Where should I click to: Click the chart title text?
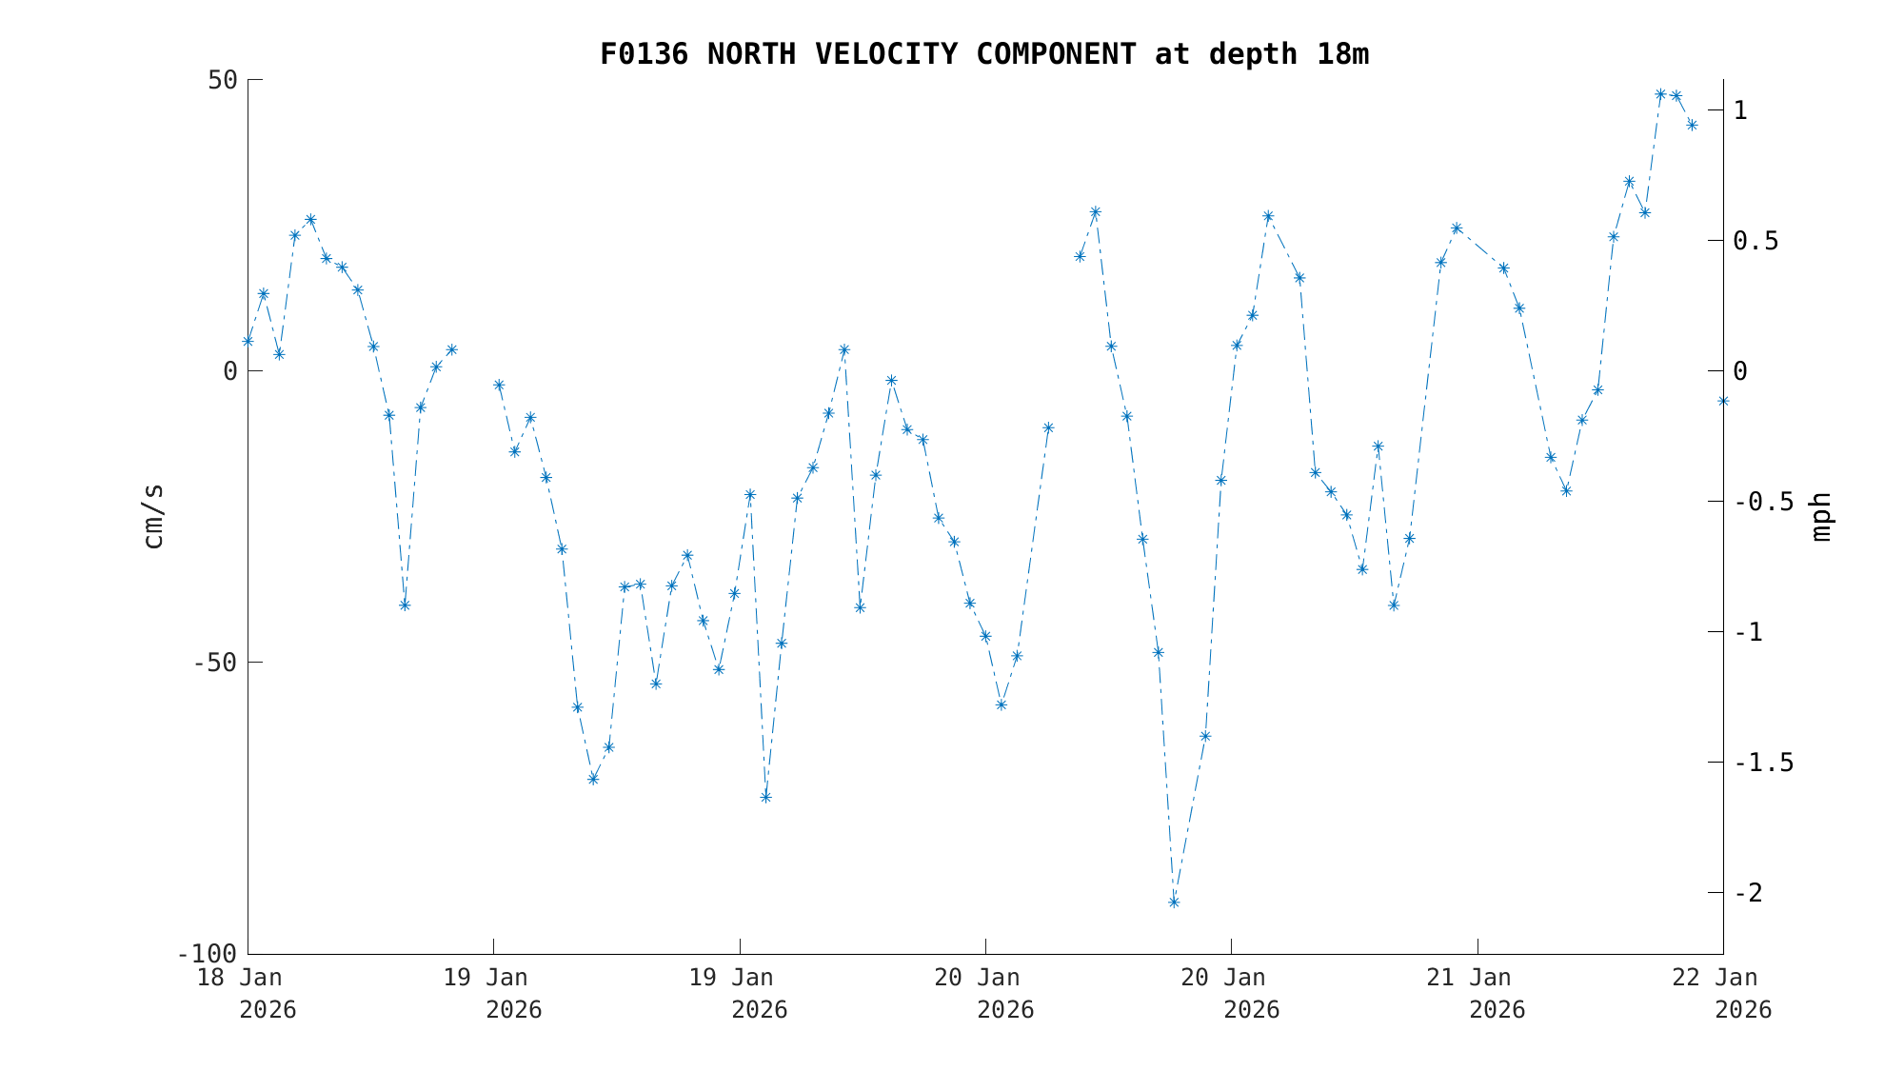pos(983,54)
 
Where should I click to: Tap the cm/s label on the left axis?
pos(153,516)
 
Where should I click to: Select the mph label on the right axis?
pos(1821,516)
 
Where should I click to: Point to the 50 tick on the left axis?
pos(223,80)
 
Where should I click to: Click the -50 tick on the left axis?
pos(214,663)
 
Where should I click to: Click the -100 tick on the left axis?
pos(207,954)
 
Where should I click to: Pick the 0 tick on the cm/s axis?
pos(229,371)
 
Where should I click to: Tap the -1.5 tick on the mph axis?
pos(1763,763)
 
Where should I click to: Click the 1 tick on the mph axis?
pos(1740,110)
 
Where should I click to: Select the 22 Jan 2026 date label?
pos(1730,993)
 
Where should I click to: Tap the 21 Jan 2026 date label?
pos(1483,993)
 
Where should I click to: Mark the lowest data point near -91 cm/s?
pos(1174,902)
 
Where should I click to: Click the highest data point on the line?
pos(1660,94)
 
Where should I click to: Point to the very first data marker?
pos(248,341)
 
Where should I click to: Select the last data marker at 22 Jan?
pos(1723,401)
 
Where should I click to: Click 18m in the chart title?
pos(1342,54)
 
